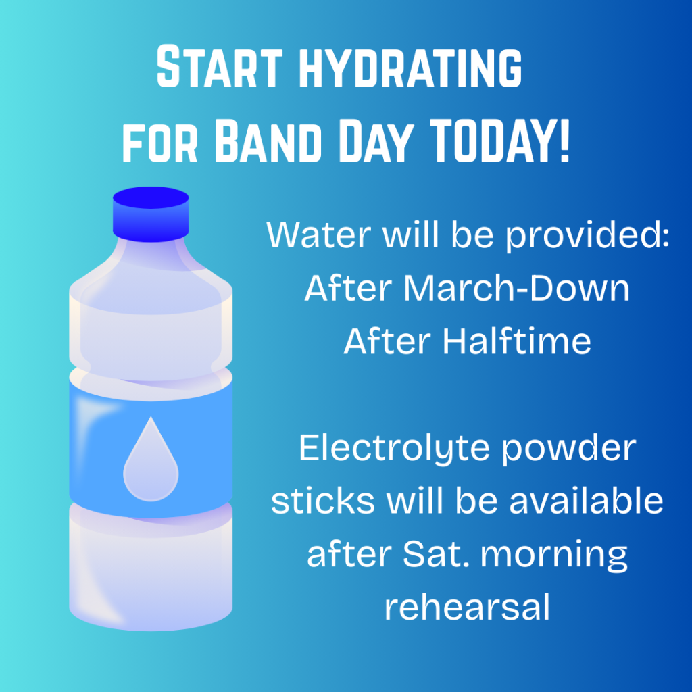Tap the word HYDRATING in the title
(411, 67)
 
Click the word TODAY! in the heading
(499, 141)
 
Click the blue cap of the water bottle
(151, 214)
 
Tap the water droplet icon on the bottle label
(151, 459)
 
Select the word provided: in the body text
(587, 236)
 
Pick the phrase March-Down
(516, 288)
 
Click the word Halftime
(516, 341)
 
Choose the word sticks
(322, 500)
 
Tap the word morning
(554, 555)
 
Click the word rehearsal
(468, 606)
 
